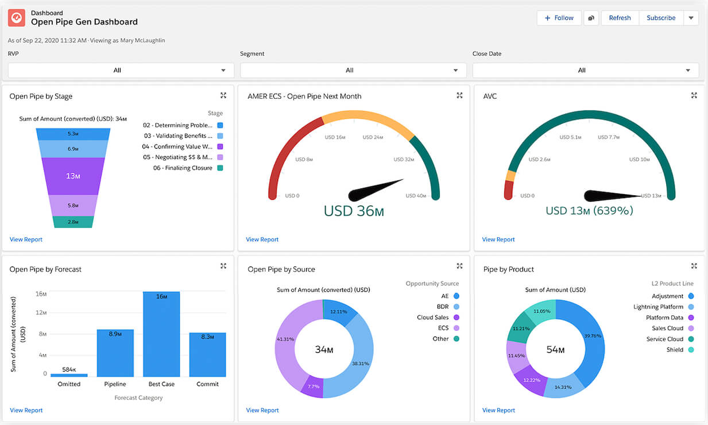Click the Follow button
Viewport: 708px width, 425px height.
(559, 18)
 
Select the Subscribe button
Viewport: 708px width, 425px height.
(661, 18)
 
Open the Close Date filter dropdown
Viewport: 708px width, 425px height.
(585, 70)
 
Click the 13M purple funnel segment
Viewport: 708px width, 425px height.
(72, 176)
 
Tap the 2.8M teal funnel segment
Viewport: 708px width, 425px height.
(72, 222)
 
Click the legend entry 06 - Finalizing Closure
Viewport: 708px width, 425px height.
(183, 168)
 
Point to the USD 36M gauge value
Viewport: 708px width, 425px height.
(354, 211)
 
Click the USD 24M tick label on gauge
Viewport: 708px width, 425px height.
(373, 137)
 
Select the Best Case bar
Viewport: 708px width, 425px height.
(161, 333)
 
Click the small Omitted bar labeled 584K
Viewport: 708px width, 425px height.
(69, 375)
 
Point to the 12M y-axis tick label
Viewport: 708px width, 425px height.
(41, 312)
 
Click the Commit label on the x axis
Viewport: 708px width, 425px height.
(207, 384)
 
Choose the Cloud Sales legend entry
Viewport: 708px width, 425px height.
(433, 317)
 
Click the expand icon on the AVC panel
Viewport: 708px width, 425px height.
(694, 95)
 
